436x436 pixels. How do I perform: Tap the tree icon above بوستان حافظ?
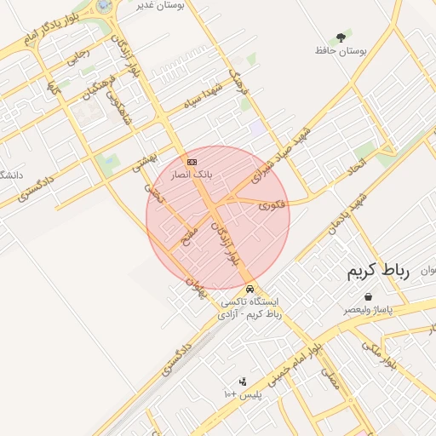click(x=341, y=37)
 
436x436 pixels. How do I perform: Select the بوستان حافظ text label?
click(x=341, y=51)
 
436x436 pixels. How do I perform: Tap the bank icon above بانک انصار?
click(x=192, y=161)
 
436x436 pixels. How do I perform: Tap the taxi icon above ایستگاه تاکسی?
click(x=248, y=289)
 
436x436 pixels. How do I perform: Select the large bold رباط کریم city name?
click(x=378, y=272)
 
